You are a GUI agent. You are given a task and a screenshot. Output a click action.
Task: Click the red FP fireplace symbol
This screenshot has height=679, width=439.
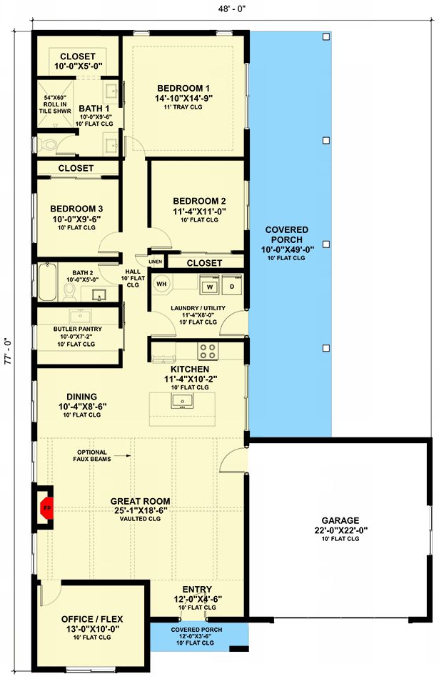pos(46,507)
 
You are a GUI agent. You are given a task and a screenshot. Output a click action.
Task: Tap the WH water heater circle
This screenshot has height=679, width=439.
pos(161,284)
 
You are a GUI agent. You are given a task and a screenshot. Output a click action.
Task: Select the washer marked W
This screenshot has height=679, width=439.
pos(210,286)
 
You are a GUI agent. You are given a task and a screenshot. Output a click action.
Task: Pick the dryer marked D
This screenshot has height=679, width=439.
pos(232,286)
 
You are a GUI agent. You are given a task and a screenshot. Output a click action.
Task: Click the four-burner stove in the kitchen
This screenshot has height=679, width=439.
pos(207,351)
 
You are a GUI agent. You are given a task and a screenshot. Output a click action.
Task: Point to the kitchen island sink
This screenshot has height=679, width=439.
pos(182,401)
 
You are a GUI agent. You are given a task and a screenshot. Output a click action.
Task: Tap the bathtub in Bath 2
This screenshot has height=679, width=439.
pos(48,282)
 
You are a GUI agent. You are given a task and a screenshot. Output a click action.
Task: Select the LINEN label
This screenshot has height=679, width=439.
pos(156,262)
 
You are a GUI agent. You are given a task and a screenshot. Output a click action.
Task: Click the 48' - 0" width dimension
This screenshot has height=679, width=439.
pos(232,9)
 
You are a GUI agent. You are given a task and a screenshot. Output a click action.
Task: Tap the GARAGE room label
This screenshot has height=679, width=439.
pos(340,520)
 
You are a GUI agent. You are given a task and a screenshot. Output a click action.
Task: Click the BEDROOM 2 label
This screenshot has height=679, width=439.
pos(199,201)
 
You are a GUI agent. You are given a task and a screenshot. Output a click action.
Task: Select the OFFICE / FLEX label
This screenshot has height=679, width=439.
pos(92,619)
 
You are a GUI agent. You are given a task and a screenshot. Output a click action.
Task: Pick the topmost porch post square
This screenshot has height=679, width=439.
pos(326,36)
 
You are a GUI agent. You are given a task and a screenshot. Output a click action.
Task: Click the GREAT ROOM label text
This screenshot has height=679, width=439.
pos(140,501)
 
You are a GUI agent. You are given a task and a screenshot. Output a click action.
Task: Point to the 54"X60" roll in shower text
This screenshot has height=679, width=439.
pos(55,104)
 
